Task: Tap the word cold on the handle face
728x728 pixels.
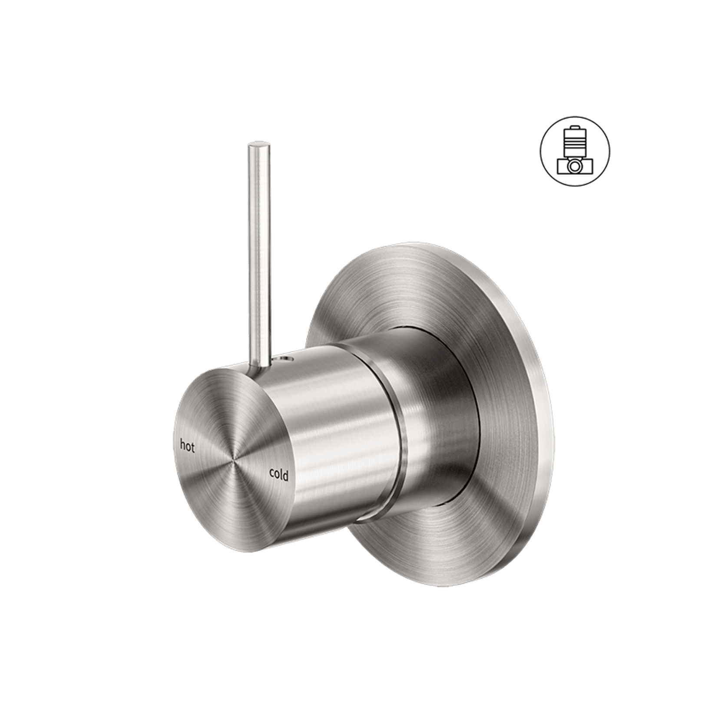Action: tap(278, 475)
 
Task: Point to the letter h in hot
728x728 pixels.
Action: tap(183, 445)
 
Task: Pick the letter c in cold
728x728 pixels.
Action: tap(271, 473)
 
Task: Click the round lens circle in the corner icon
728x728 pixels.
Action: tap(575, 166)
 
